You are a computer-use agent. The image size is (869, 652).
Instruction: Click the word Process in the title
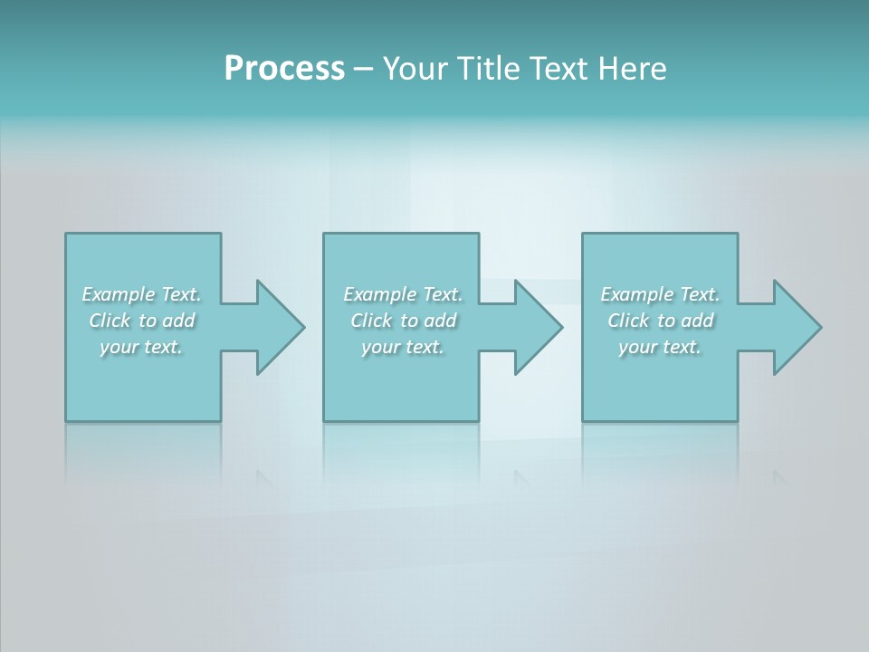point(284,69)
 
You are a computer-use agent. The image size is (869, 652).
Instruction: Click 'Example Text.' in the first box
point(142,294)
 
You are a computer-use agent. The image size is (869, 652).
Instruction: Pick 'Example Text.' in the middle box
point(403,294)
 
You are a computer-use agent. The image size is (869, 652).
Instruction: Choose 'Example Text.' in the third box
point(660,294)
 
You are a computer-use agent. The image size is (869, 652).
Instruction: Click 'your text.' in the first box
point(141,347)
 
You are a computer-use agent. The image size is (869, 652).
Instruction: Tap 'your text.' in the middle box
point(403,347)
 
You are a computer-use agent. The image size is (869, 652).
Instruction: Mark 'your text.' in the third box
point(660,347)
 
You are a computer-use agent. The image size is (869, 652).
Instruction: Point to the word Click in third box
point(629,321)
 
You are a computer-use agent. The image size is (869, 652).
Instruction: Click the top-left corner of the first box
point(66,235)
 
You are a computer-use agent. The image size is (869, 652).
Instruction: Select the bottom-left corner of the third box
point(583,420)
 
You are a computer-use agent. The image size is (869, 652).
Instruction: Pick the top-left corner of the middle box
point(324,235)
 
